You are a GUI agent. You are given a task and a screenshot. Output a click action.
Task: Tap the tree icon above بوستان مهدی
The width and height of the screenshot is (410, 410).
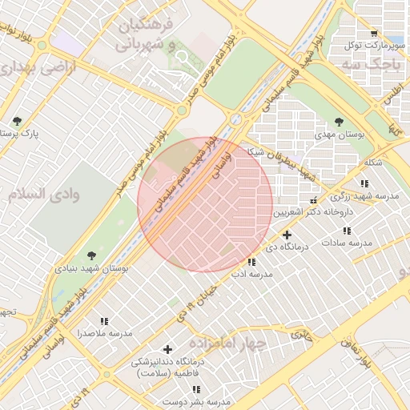(x=340, y=123)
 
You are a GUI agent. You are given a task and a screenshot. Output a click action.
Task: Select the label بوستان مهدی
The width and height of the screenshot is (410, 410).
(x=340, y=135)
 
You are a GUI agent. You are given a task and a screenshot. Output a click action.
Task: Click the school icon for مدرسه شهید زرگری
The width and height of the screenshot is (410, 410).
(x=365, y=184)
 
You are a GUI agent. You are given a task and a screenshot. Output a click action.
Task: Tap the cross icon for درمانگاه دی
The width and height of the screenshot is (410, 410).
(x=287, y=235)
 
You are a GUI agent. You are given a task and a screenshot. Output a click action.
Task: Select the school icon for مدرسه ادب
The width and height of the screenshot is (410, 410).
(x=252, y=262)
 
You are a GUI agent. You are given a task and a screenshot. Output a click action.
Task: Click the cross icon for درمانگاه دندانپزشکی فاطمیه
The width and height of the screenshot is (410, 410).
(x=167, y=349)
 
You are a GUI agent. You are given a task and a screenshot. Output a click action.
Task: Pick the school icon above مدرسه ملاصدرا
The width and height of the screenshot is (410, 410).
(x=104, y=321)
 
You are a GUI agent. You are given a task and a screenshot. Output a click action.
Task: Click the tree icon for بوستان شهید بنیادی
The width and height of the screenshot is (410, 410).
(x=90, y=256)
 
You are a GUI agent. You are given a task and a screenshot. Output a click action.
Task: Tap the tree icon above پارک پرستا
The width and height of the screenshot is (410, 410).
(x=18, y=122)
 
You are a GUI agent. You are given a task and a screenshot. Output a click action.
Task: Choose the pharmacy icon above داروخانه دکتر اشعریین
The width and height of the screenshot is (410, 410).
(x=313, y=200)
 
